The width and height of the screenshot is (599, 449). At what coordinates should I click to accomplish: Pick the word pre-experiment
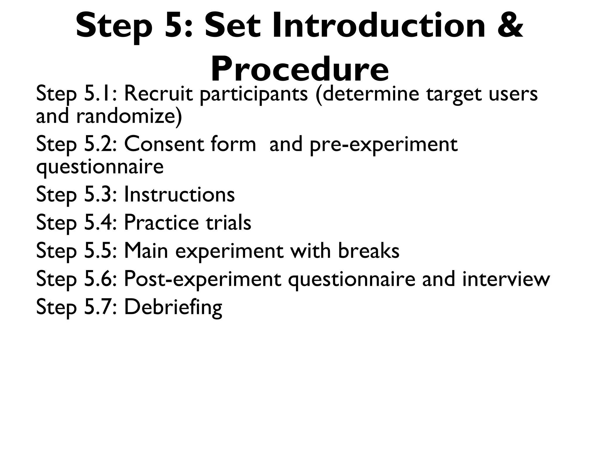[383, 145]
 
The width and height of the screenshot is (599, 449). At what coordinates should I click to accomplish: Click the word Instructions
[179, 194]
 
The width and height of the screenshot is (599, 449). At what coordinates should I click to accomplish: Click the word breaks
[369, 251]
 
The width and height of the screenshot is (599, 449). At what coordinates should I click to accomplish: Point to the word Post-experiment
[202, 279]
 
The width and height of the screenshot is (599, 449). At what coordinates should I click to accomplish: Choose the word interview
[506, 279]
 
